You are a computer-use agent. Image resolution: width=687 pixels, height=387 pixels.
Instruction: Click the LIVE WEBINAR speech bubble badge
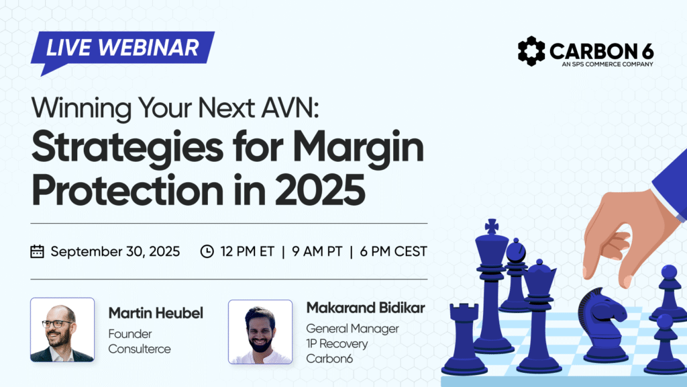tap(122, 48)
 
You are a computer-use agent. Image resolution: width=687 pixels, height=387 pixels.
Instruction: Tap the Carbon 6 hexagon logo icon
tap(531, 51)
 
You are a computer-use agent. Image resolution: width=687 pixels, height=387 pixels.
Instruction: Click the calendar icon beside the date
tap(38, 251)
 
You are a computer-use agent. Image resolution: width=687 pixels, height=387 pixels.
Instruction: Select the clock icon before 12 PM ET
tap(207, 251)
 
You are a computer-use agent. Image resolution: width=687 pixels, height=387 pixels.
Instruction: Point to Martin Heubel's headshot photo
tap(62, 329)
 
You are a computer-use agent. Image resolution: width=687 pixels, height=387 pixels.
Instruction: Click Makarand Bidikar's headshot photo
tap(260, 332)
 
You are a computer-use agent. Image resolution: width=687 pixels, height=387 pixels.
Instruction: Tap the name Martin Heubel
tap(156, 313)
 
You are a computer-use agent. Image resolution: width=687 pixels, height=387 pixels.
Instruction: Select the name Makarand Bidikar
tap(366, 308)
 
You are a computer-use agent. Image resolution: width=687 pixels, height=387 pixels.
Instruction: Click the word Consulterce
tap(140, 349)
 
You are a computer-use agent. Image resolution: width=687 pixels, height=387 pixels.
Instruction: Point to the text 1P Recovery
tap(337, 343)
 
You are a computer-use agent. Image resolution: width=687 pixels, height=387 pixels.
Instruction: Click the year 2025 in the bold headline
tap(320, 190)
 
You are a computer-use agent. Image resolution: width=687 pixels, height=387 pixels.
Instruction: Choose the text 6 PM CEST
tap(393, 251)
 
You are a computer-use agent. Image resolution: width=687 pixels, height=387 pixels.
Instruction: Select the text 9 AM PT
tap(317, 251)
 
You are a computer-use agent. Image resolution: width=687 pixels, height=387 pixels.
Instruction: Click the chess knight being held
tap(603, 325)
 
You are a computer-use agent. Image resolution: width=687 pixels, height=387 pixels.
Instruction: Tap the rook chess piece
tap(464, 339)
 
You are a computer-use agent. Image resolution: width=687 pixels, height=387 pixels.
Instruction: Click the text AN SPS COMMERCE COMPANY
tap(607, 64)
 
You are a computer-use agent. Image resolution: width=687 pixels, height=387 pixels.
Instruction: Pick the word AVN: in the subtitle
tap(290, 108)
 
